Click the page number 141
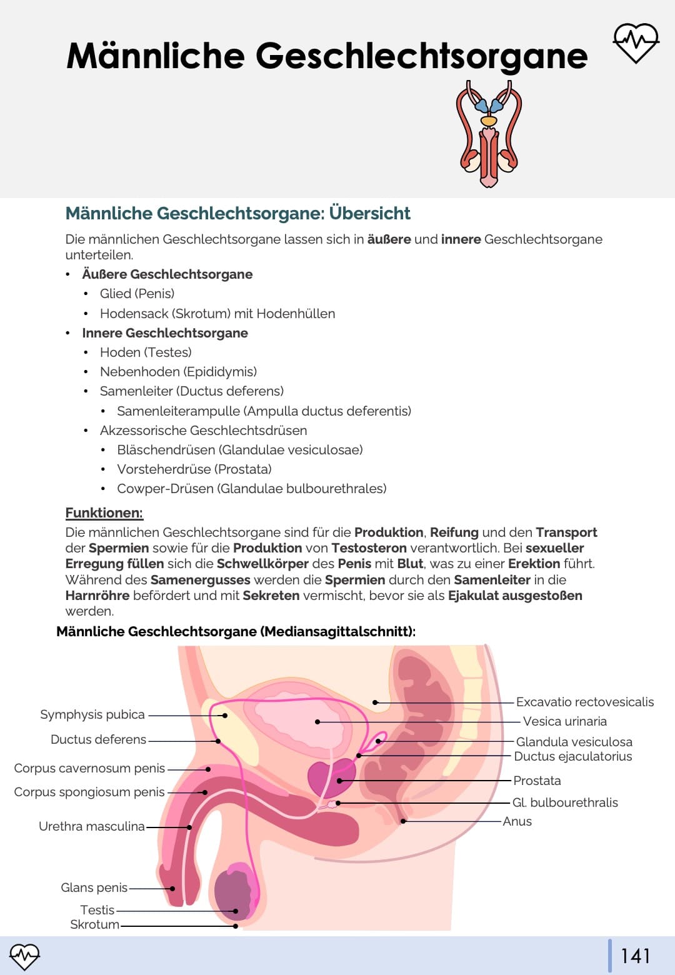(636, 956)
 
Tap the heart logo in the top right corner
(636, 43)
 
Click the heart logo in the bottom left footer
(24, 956)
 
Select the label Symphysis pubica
(92, 714)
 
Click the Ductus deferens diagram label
(98, 739)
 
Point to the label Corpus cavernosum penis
(89, 768)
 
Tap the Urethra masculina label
(92, 826)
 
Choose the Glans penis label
(94, 887)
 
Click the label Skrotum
(94, 924)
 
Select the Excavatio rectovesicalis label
(584, 702)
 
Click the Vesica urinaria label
(564, 721)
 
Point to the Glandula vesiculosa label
(574, 742)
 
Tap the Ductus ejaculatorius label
(572, 756)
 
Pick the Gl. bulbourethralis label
(565, 802)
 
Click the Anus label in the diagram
(517, 821)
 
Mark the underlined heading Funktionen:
(104, 513)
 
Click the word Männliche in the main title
(156, 56)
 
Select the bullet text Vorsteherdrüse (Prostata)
(194, 469)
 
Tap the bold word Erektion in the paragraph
(534, 564)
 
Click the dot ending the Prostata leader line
(339, 781)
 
